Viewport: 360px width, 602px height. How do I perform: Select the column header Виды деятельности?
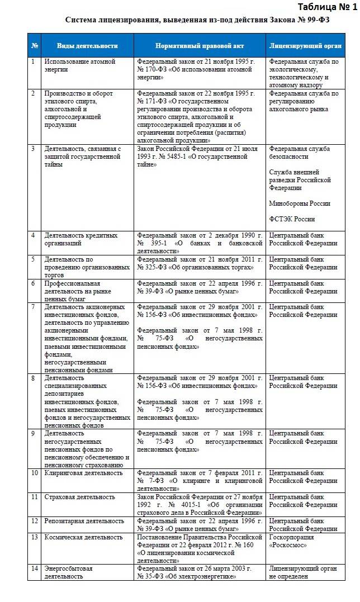pyautogui.click(x=88, y=46)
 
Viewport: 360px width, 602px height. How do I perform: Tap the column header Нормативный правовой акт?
pyautogui.click(x=200, y=46)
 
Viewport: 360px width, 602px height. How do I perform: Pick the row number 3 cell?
pyautogui.click(x=34, y=149)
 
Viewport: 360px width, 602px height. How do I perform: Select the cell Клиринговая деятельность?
pyautogui.click(x=84, y=473)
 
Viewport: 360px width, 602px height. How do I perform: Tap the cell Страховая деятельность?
pyautogui.click(x=80, y=497)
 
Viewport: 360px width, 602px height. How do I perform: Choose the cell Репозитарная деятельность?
pyautogui.click(x=84, y=521)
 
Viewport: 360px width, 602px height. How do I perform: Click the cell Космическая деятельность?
pyautogui.click(x=84, y=537)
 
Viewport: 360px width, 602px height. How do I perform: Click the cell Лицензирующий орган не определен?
pyautogui.click(x=303, y=572)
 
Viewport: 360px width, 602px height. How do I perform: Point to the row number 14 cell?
pyautogui.click(x=34, y=569)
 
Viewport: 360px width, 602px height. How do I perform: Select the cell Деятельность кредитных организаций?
pyautogui.click(x=81, y=239)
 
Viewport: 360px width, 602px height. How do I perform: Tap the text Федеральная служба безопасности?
pyautogui.click(x=300, y=153)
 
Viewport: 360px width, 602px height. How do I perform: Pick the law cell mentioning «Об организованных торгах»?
pyautogui.click(x=200, y=263)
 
